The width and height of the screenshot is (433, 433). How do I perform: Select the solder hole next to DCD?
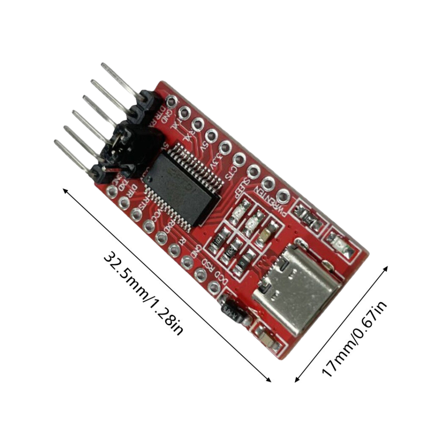[x=214, y=286]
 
